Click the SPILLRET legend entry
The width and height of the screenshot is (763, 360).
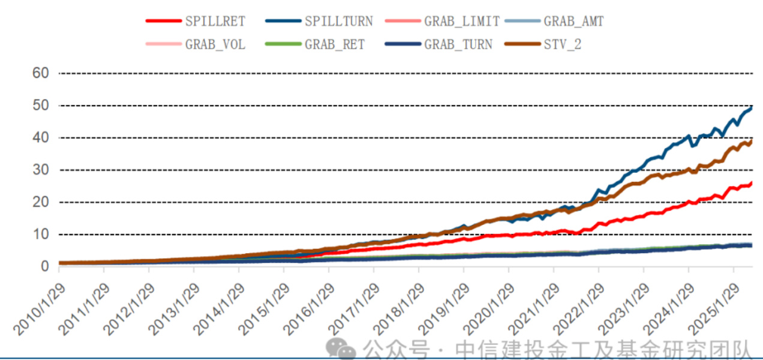click(215, 21)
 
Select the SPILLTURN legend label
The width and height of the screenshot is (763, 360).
click(338, 21)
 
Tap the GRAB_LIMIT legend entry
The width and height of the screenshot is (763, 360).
click(462, 21)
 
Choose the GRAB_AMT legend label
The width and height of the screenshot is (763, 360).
click(573, 21)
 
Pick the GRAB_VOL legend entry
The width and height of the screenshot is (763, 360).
click(215, 44)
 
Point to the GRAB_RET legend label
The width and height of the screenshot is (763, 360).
click(335, 44)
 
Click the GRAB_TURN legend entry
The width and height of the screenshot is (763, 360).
click(458, 44)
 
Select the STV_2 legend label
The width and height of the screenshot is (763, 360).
click(562, 44)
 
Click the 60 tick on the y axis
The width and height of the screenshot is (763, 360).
click(41, 73)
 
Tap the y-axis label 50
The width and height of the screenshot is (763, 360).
click(41, 106)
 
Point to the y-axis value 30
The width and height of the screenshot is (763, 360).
click(41, 170)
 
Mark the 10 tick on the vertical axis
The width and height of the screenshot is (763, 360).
click(41, 234)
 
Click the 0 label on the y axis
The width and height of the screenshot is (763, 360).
click(45, 266)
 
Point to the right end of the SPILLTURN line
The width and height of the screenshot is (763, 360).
click(752, 107)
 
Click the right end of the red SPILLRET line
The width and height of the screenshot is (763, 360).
click(752, 183)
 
